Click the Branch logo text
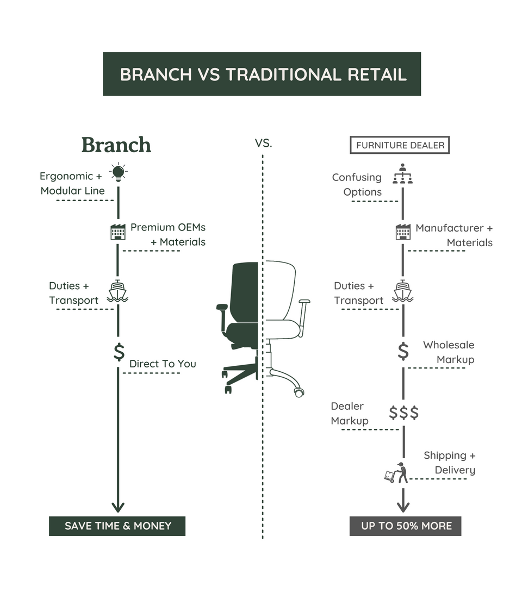point(116,145)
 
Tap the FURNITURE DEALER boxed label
point(400,145)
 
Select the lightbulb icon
point(118,173)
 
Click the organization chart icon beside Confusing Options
point(402,174)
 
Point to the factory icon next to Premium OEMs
point(118,232)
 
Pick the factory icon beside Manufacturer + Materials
point(403,232)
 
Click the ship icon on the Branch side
point(118,291)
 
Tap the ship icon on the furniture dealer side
point(403,291)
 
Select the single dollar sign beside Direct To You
point(119,352)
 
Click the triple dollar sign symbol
point(404,413)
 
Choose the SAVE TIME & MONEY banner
point(117,526)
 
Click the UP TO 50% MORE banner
point(406,526)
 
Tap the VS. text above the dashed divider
point(263,144)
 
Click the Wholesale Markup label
point(449,352)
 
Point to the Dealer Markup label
point(349,414)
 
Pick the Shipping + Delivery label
point(449,463)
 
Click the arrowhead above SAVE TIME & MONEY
point(118,507)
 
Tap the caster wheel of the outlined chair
point(299,391)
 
